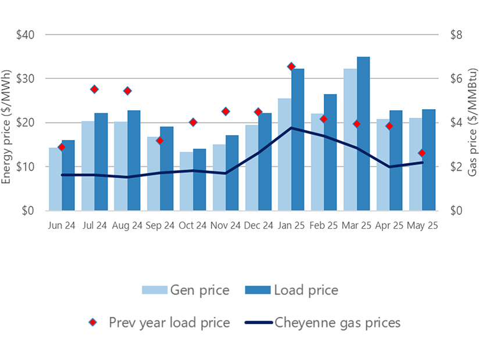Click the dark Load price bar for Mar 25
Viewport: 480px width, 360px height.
[363, 134]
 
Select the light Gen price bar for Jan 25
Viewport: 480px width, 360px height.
[285, 154]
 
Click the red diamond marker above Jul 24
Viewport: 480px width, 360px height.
[94, 89]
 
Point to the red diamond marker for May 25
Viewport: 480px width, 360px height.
[422, 153]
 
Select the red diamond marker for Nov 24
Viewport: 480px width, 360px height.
[225, 111]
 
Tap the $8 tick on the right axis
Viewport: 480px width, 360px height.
[456, 35]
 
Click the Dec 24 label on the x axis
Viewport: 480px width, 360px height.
[257, 225]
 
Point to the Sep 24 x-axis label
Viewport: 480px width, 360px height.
[160, 225]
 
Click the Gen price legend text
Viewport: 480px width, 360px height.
[199, 290]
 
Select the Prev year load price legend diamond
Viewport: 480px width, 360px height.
[92, 322]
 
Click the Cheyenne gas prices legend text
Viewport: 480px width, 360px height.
[337, 322]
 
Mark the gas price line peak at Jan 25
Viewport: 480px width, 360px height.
[291, 128]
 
